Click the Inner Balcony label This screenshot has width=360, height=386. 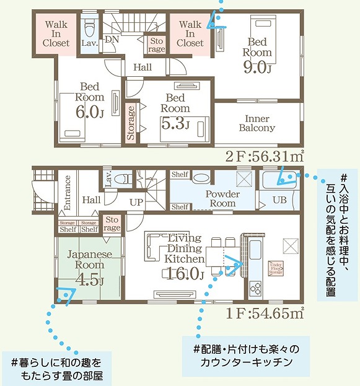257,123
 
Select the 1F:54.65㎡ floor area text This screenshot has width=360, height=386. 265,314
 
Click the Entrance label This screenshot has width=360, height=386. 68,193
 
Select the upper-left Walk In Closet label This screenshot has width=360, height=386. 56,33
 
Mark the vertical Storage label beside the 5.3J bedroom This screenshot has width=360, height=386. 131,124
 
